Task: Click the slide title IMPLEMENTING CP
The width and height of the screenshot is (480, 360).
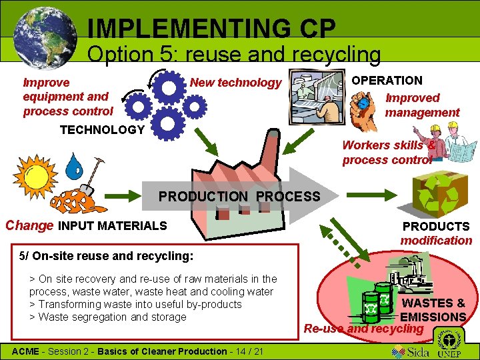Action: click(211, 28)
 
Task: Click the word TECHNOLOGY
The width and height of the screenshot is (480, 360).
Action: click(102, 129)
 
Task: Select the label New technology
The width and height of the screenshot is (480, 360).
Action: click(236, 83)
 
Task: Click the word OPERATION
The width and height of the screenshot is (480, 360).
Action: click(387, 80)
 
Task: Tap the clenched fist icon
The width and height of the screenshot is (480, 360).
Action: click(365, 107)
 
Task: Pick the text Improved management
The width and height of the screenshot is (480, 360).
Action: click(422, 105)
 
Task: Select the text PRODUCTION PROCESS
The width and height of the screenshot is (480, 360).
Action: click(239, 197)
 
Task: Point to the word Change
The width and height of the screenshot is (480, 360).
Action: click(29, 225)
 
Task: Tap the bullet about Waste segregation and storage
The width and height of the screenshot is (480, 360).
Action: click(108, 317)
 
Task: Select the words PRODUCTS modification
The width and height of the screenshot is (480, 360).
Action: click(436, 233)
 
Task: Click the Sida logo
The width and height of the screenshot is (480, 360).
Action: click(411, 351)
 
